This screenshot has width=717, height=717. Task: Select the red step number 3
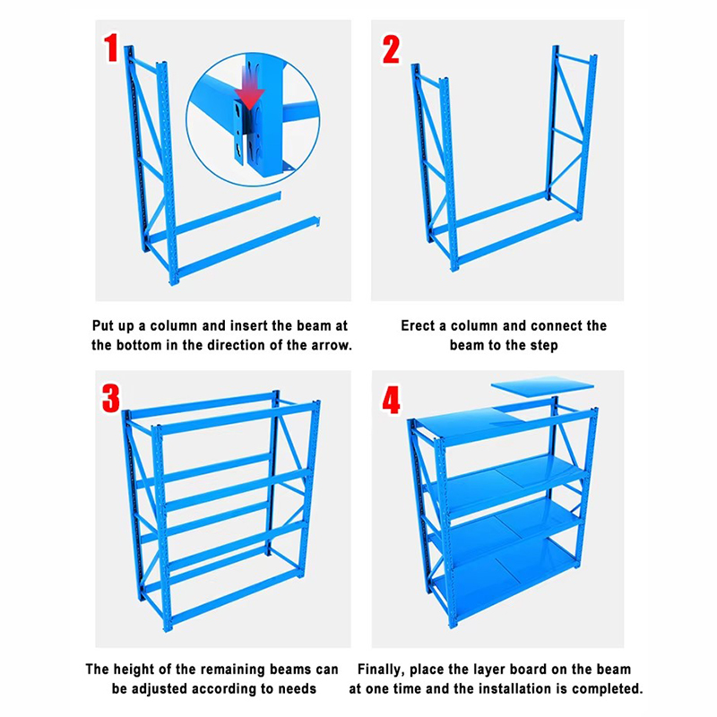click(x=110, y=399)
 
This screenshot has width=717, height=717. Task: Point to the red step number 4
click(x=392, y=400)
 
